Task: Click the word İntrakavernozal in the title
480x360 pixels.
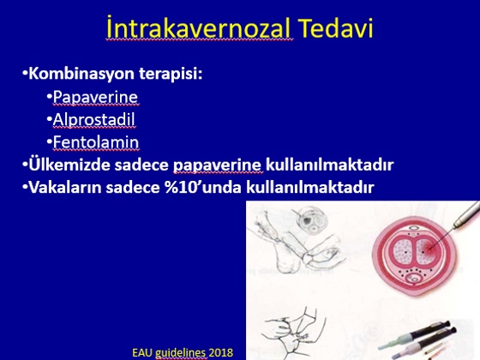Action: coord(198,28)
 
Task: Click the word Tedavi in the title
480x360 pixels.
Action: coord(335,28)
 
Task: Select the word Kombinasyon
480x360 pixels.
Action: coord(81,74)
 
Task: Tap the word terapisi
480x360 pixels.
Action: coord(171,74)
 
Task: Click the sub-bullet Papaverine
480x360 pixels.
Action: coord(95,97)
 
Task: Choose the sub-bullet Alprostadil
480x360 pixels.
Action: coord(93,119)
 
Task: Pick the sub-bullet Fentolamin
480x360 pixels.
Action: coord(96,142)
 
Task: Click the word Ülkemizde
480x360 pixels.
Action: coord(69,165)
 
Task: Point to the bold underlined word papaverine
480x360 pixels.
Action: coord(217,165)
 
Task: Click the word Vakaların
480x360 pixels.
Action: coord(65,187)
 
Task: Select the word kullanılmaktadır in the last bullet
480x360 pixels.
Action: coord(310,187)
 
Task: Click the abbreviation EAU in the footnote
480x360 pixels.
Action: coord(142,352)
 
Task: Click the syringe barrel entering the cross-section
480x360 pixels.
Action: coord(465,214)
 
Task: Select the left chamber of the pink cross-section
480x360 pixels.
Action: coord(402,251)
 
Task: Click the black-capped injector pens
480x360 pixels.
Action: coord(419,339)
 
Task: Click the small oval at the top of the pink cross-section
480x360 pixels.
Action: coord(413,228)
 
